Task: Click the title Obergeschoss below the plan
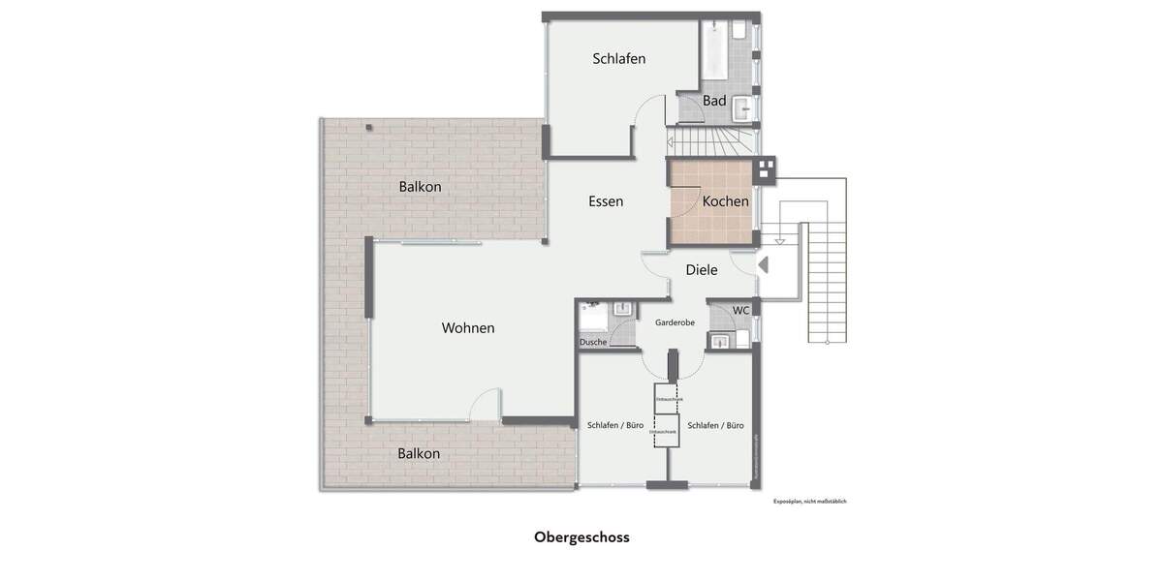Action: (x=581, y=537)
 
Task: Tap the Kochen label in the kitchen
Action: (x=725, y=201)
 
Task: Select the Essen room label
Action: (x=606, y=201)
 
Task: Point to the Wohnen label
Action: (x=468, y=328)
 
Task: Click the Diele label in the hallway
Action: (x=701, y=270)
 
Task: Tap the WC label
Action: (x=740, y=310)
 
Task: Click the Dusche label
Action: (x=593, y=342)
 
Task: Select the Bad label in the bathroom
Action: (x=714, y=101)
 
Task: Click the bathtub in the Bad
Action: (x=714, y=49)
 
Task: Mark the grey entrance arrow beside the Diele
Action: (x=763, y=263)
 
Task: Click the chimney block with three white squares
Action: (x=766, y=169)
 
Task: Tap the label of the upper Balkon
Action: (x=420, y=187)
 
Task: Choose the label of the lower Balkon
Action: (x=419, y=453)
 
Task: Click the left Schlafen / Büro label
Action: (x=615, y=425)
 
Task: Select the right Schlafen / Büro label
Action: (x=715, y=425)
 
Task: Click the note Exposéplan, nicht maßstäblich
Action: (x=809, y=502)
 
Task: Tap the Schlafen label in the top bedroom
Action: (x=619, y=59)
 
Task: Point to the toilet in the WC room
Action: (x=743, y=339)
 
